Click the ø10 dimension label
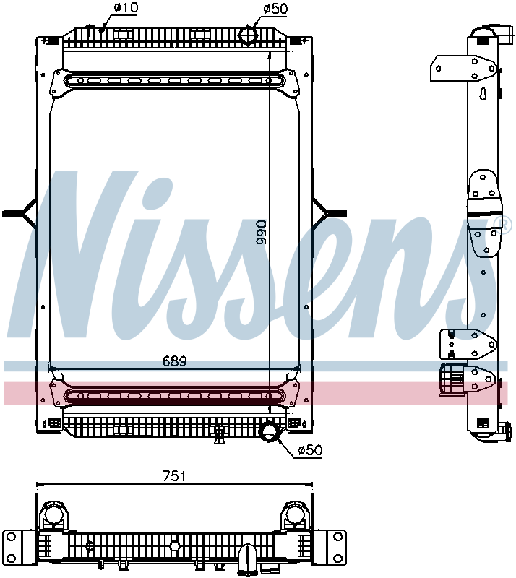pyautogui.click(x=126, y=9)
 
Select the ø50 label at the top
pyautogui.click(x=275, y=9)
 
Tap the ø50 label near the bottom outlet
pyautogui.click(x=309, y=450)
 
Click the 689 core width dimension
pyautogui.click(x=174, y=360)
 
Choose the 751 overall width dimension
pyautogui.click(x=174, y=476)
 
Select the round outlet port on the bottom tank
pyautogui.click(x=270, y=432)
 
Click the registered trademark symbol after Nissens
pyautogui.click(x=505, y=225)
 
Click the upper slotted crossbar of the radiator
pyautogui.click(x=174, y=81)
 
